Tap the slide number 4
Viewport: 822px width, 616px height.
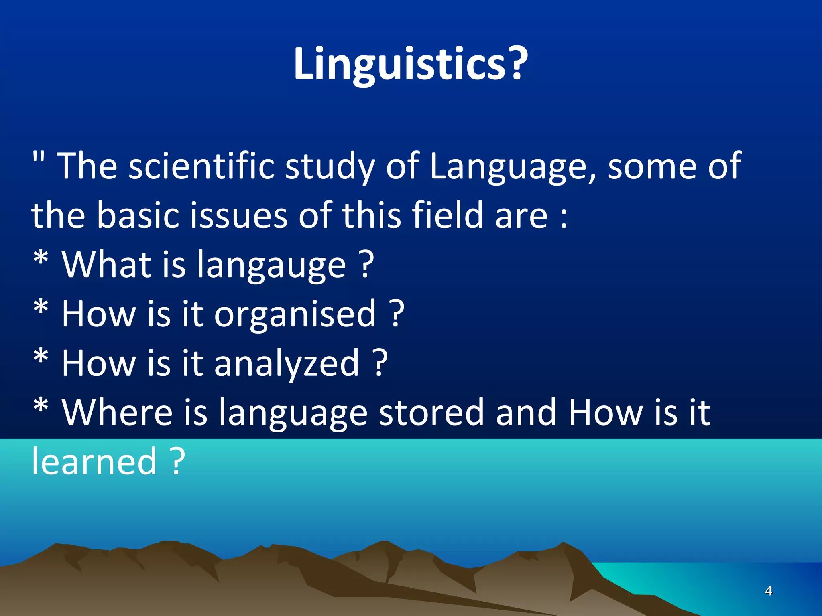pyautogui.click(x=768, y=590)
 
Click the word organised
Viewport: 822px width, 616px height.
pyautogui.click(x=295, y=314)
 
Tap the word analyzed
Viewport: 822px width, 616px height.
pyautogui.click(x=286, y=363)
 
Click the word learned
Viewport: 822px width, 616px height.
pyautogui.click(x=94, y=462)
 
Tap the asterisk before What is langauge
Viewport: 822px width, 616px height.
pyautogui.click(x=41, y=259)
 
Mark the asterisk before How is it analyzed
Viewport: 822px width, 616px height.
pyautogui.click(x=41, y=357)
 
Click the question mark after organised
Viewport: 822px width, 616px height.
pyautogui.click(x=397, y=314)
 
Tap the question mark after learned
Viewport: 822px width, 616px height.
pyautogui.click(x=177, y=462)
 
